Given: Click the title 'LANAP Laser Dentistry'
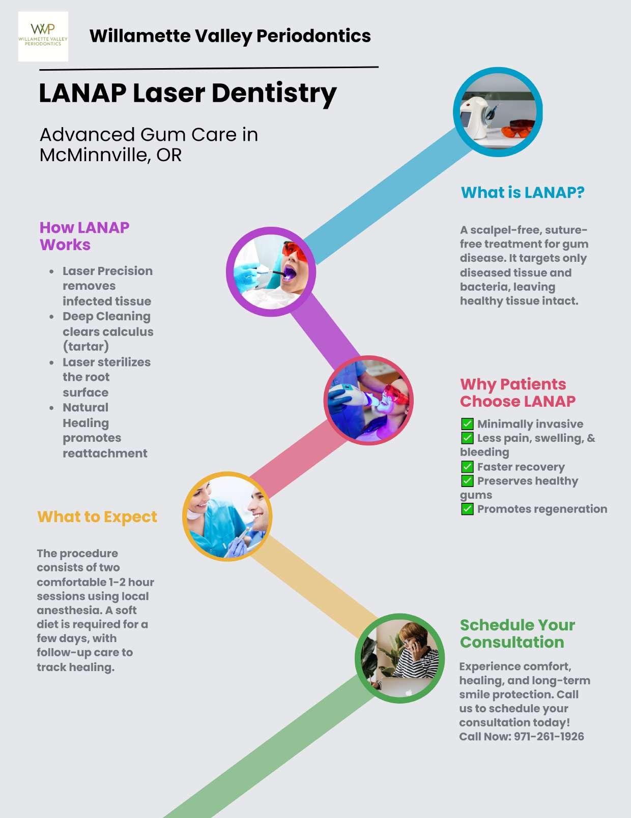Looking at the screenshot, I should pyautogui.click(x=188, y=94).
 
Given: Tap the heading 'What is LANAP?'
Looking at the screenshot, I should pyautogui.click(x=523, y=193).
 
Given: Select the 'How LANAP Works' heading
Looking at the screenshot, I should pyautogui.click(x=84, y=236).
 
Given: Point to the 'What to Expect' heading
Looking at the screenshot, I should pyautogui.click(x=97, y=517).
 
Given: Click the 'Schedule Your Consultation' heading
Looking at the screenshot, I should pyautogui.click(x=518, y=633).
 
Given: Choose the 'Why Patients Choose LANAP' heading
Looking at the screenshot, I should pyautogui.click(x=518, y=392).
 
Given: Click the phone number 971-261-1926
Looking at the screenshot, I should pyautogui.click(x=549, y=737).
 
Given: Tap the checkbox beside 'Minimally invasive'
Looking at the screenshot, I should pyautogui.click(x=467, y=424).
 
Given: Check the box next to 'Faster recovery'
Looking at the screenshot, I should pyautogui.click(x=467, y=467).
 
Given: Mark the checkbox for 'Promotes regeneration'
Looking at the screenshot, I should pyautogui.click(x=467, y=509).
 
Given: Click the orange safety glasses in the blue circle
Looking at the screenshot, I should pyautogui.click(x=518, y=128).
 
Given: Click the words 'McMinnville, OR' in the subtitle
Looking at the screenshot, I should pyautogui.click(x=110, y=155).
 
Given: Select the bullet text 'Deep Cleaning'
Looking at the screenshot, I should pyautogui.click(x=106, y=316).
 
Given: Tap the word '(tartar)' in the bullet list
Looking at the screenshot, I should pyautogui.click(x=85, y=347).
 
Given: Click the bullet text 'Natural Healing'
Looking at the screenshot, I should pyautogui.click(x=85, y=415).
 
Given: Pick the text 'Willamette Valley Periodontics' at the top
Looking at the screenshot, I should pyautogui.click(x=230, y=36).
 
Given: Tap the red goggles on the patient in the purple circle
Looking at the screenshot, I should pyautogui.click(x=295, y=252).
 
